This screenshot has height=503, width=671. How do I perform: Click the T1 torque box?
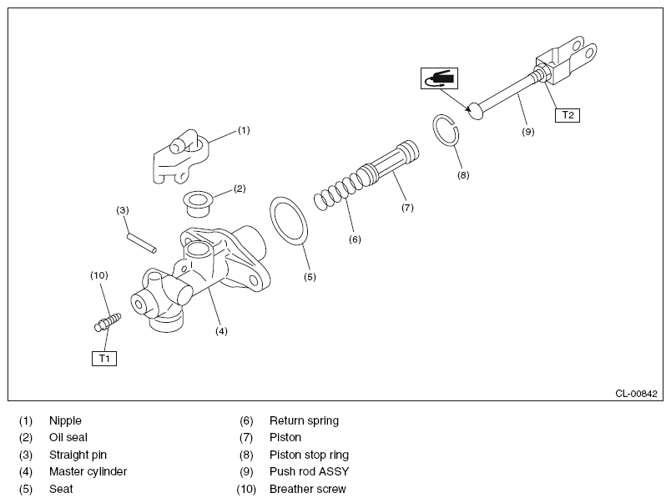click(104, 359)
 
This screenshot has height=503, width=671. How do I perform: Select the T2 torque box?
click(568, 115)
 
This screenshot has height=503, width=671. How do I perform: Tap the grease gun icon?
click(439, 78)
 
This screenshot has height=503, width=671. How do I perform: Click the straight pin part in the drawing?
click(142, 243)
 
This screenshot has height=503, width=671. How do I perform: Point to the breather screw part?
click(108, 322)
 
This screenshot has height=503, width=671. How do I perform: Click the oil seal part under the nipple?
click(198, 204)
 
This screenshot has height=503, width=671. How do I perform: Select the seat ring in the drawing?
click(289, 221)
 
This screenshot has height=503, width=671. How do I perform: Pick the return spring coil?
click(339, 192)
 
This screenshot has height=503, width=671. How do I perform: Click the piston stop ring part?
click(446, 130)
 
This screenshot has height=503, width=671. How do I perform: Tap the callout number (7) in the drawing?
click(407, 208)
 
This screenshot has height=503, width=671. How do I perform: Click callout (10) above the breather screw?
click(98, 275)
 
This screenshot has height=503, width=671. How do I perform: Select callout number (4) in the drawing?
click(221, 330)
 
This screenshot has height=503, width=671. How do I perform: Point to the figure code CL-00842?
click(636, 394)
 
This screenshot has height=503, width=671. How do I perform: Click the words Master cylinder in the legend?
click(88, 471)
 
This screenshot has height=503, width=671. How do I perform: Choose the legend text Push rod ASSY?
click(310, 471)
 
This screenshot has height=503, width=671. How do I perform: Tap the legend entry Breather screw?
click(308, 489)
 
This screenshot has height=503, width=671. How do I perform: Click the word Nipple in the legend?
click(65, 420)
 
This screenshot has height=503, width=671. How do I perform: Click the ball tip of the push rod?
click(476, 111)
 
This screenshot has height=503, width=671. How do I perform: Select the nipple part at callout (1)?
click(180, 157)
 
